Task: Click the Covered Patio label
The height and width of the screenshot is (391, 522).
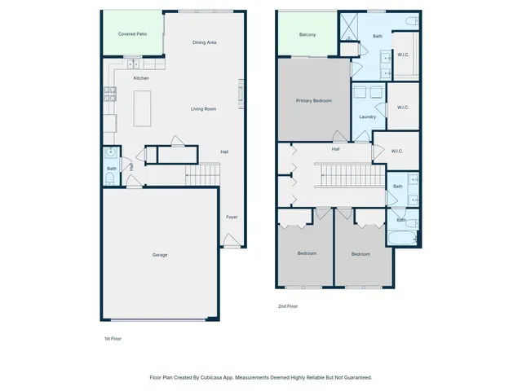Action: click(x=131, y=34)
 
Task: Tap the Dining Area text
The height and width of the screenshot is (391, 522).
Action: click(x=204, y=42)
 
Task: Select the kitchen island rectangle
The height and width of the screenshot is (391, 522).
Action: click(x=144, y=108)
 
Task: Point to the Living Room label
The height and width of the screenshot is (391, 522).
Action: click(x=203, y=108)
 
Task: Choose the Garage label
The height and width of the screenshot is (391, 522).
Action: click(x=160, y=255)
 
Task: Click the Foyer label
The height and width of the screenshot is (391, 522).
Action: click(x=232, y=217)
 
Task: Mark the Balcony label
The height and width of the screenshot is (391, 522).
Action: click(x=307, y=35)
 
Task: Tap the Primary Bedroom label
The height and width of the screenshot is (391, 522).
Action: click(x=314, y=100)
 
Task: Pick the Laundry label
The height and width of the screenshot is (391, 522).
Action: click(x=367, y=116)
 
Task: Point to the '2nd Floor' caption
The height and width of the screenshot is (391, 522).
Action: click(x=287, y=306)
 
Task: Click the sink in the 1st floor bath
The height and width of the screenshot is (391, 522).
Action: click(x=109, y=153)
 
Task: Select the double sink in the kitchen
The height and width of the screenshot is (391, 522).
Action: click(x=132, y=64)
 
